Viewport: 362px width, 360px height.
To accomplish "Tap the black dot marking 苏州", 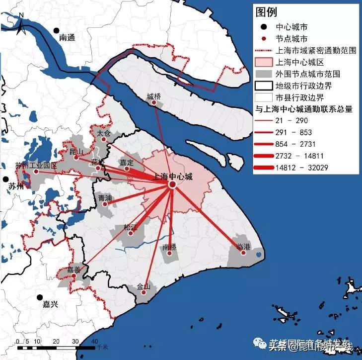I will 5,179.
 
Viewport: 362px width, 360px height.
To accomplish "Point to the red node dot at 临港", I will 243,253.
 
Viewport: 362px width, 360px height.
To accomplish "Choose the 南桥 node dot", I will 170,253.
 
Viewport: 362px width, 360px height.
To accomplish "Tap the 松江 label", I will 130,227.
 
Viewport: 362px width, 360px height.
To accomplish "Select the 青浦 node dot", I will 105,204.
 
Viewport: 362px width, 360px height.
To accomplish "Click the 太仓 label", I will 103,133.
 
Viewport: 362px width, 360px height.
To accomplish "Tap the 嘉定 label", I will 127,162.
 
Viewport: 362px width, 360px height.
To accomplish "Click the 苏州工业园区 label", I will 36,165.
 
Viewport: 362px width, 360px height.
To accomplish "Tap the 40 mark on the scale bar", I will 95,341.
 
